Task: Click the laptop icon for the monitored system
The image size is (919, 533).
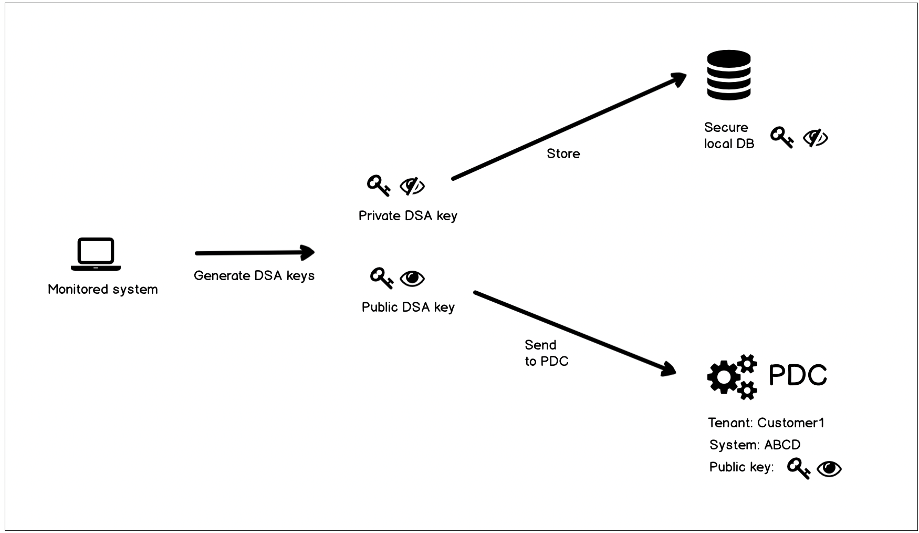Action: pyautogui.click(x=96, y=254)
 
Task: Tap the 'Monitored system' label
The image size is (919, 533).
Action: pyautogui.click(x=103, y=289)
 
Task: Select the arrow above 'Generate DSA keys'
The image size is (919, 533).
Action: pyautogui.click(x=255, y=253)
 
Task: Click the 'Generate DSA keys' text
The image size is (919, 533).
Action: pyautogui.click(x=254, y=275)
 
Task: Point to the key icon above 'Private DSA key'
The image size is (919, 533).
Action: pyautogui.click(x=378, y=186)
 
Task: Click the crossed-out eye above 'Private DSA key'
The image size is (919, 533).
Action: pyautogui.click(x=412, y=186)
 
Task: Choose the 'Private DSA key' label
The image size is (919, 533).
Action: pyautogui.click(x=408, y=216)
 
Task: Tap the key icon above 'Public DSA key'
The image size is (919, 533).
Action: pyautogui.click(x=382, y=278)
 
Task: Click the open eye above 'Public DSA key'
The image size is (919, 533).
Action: pyautogui.click(x=413, y=278)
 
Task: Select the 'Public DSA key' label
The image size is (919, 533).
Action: pyautogui.click(x=408, y=307)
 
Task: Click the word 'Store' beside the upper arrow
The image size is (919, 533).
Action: pyautogui.click(x=563, y=153)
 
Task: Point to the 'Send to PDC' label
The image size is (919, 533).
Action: pyautogui.click(x=546, y=353)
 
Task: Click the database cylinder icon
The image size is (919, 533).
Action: pyautogui.click(x=728, y=75)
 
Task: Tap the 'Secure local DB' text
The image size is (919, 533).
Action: pyautogui.click(x=729, y=136)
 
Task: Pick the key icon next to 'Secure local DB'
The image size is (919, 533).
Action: pyautogui.click(x=781, y=138)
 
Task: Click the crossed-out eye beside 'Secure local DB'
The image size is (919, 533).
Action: pyautogui.click(x=816, y=138)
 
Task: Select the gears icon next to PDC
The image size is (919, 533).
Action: pyautogui.click(x=733, y=376)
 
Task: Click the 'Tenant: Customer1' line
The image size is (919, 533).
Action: pyautogui.click(x=766, y=423)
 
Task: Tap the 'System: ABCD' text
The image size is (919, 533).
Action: pyautogui.click(x=755, y=445)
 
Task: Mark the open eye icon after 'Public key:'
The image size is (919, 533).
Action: pyautogui.click(x=829, y=468)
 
